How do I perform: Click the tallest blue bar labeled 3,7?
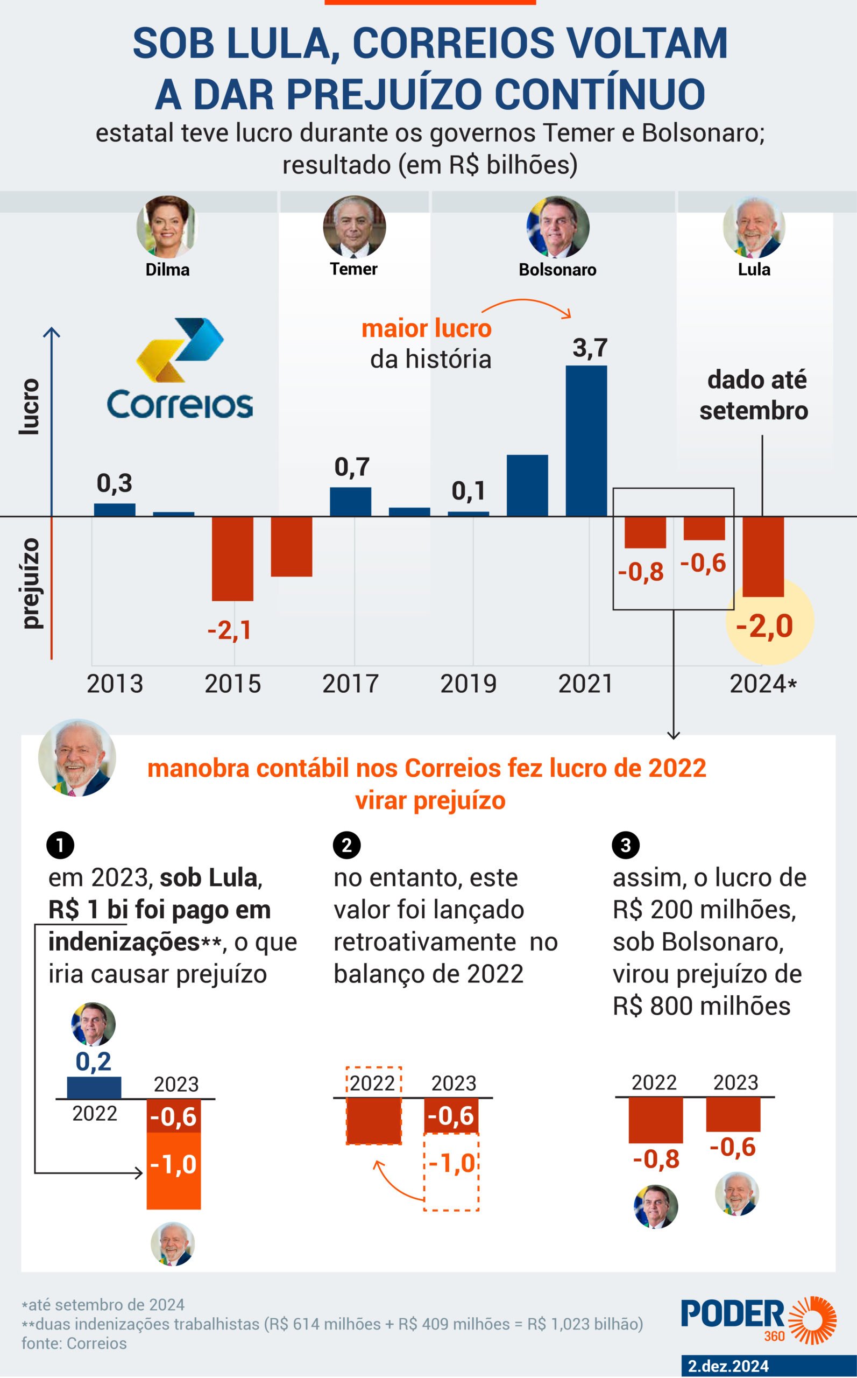pyautogui.click(x=586, y=441)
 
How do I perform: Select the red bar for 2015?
pyautogui.click(x=232, y=559)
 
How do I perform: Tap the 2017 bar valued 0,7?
pyautogui.click(x=350, y=501)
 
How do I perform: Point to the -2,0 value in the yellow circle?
pyautogui.click(x=764, y=626)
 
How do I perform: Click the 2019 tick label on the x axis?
pyautogui.click(x=468, y=684)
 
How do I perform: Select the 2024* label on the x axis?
pyautogui.click(x=763, y=684)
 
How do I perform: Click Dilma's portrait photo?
pyautogui.click(x=167, y=227)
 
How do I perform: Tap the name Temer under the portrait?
pyautogui.click(x=353, y=269)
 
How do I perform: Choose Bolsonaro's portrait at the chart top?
pyautogui.click(x=558, y=227)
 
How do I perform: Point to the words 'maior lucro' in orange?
pyautogui.click(x=426, y=328)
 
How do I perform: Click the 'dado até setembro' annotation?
pyautogui.click(x=754, y=395)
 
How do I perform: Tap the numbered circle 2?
pyautogui.click(x=347, y=846)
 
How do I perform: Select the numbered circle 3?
pyautogui.click(x=626, y=846)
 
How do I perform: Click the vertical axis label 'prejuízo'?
pyautogui.click(x=31, y=584)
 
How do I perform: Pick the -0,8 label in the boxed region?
pyautogui.click(x=641, y=572)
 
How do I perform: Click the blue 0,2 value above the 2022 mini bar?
pyautogui.click(x=94, y=1061)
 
